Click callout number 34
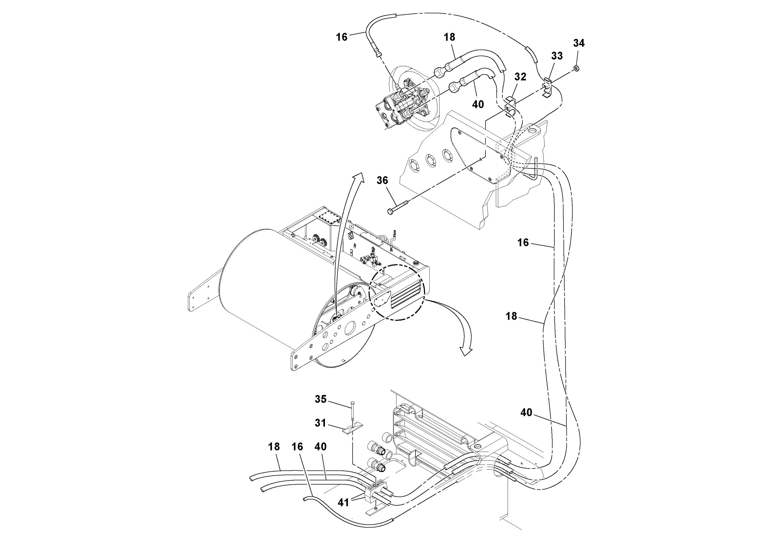579,43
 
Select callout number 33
557,56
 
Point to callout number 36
382,180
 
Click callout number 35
321,399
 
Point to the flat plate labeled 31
352,430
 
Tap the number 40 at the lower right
526,412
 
